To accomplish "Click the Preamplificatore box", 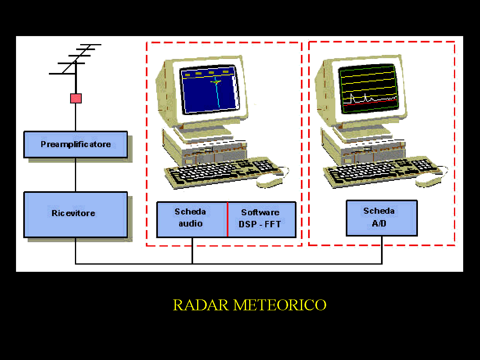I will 75,144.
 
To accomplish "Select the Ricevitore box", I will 75,214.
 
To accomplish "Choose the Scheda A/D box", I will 381,218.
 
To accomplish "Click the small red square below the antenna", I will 76,98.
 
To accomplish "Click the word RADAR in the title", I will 201,305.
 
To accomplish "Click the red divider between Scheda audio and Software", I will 228,219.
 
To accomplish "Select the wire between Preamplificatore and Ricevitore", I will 75,175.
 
